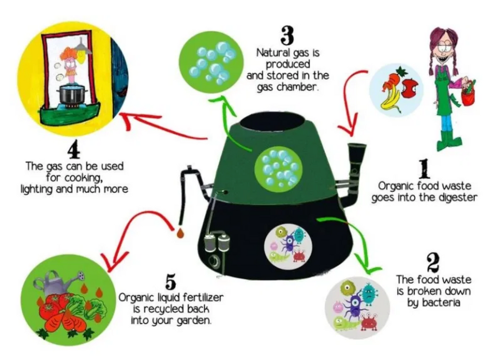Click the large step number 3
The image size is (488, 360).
[x=287, y=35]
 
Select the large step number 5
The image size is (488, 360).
[x=170, y=281]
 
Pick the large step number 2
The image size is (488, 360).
[x=433, y=263]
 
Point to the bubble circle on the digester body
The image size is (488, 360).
[x=278, y=168]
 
